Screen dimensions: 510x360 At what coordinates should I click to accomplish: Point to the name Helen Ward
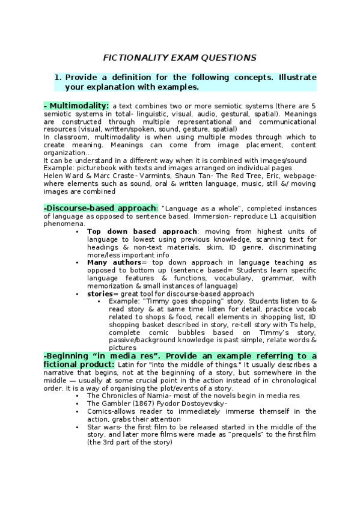click(63, 176)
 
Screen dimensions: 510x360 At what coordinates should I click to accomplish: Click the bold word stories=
click(100, 293)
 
